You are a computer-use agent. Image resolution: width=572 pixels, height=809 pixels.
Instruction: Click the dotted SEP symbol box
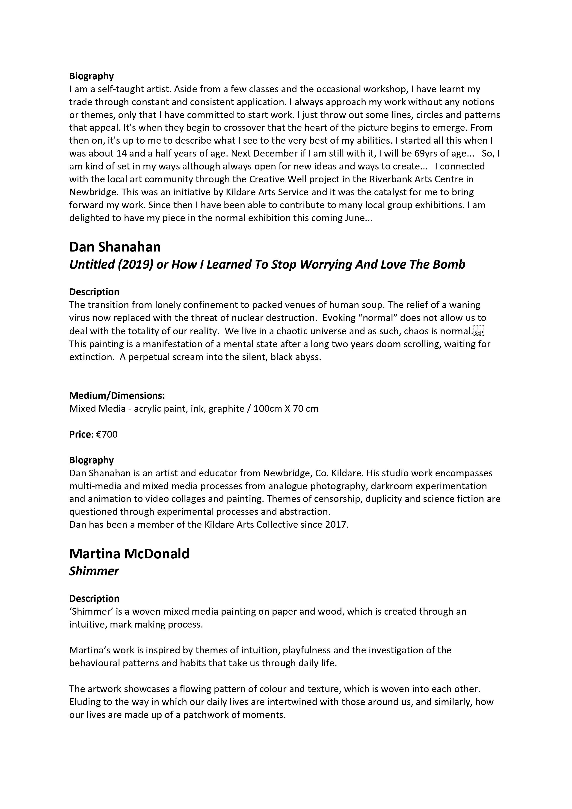click(x=479, y=331)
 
